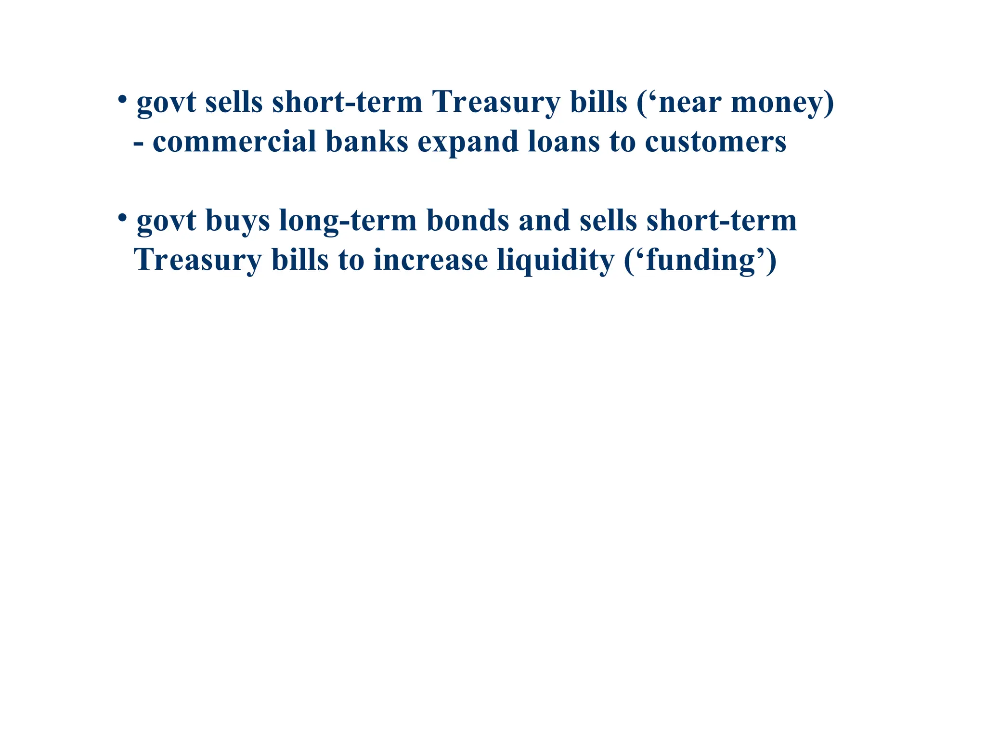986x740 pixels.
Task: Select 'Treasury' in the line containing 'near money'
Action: click(x=496, y=103)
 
